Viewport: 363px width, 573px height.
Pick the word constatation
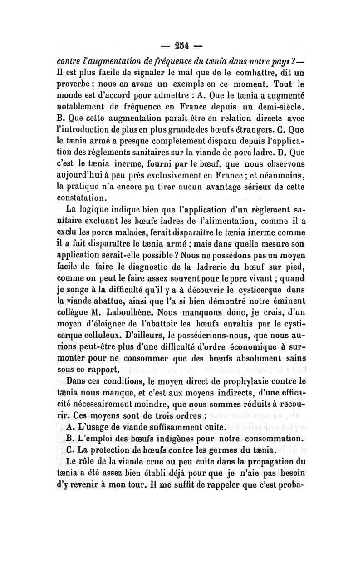click(87, 198)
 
